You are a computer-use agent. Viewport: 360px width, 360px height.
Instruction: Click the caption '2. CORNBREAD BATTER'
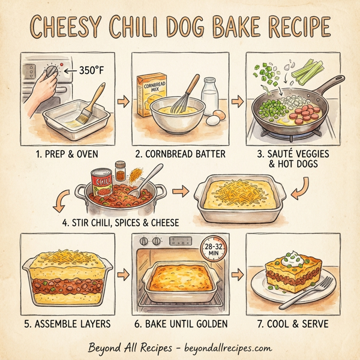[x=180, y=154]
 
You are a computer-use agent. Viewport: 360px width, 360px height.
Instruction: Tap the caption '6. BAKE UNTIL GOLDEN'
[x=180, y=325]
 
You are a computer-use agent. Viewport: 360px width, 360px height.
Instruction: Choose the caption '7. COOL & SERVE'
[x=293, y=325]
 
